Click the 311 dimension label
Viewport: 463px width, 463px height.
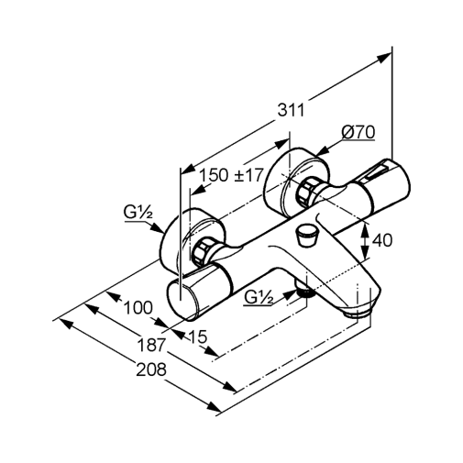[291, 110]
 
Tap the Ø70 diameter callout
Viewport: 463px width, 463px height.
[358, 132]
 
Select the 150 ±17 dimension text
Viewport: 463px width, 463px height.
[231, 175]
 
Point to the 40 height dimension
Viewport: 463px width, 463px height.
[382, 240]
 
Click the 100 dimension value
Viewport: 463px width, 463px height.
[138, 308]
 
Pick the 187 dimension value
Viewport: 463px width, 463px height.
[151, 345]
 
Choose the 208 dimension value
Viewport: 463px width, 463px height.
[151, 369]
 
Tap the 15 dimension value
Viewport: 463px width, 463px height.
[198, 336]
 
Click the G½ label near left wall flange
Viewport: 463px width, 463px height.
[138, 212]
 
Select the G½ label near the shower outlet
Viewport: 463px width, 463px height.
[259, 297]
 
